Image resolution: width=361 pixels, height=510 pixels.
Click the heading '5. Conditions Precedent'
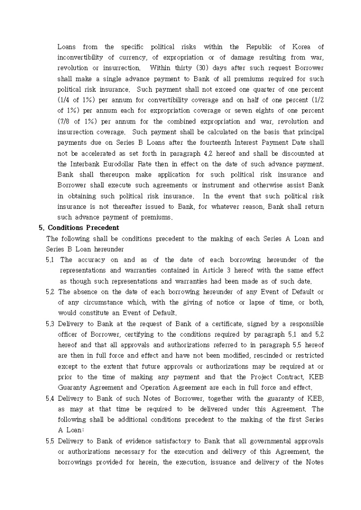75,228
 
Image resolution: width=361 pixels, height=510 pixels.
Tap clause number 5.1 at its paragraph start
51,260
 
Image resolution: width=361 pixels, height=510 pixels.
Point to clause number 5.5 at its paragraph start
51,441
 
